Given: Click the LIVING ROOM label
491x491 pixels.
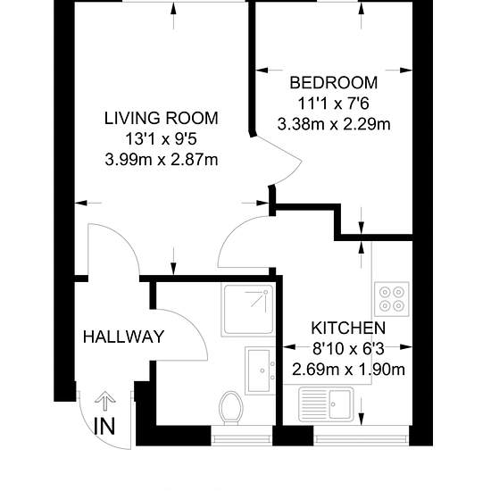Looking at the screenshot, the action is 161,119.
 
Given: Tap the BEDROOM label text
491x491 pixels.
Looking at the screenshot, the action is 334,83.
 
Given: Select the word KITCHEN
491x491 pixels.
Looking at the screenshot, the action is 348,329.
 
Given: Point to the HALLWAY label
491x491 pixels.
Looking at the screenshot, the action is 124,337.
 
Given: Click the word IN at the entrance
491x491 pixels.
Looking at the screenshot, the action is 105,426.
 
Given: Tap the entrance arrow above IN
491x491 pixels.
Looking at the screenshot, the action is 105,401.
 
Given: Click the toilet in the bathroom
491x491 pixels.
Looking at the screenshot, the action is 231,408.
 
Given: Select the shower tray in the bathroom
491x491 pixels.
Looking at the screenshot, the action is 248,310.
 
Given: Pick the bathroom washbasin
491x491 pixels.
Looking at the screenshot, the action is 260,370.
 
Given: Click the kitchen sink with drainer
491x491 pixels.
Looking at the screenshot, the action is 326,404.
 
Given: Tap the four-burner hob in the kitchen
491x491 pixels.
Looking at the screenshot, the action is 392,299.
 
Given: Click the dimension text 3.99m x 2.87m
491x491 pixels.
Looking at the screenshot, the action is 162,160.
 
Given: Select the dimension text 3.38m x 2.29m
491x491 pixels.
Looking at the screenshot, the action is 334,124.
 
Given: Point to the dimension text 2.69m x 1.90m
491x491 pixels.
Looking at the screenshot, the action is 348,370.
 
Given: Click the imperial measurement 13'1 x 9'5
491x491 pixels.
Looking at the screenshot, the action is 161,139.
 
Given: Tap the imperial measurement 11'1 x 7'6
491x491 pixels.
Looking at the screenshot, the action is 334,104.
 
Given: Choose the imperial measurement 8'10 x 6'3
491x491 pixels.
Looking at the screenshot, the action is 348,349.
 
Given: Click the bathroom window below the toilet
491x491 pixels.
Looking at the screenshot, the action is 242,436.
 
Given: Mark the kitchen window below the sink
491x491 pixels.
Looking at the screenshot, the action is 362,436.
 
